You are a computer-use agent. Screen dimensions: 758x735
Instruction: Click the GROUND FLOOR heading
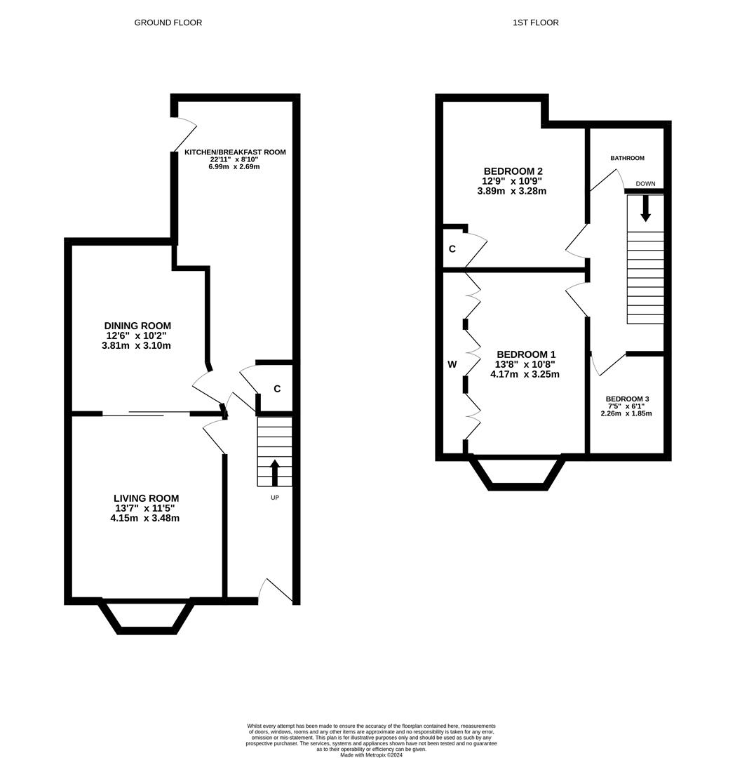pos(168,22)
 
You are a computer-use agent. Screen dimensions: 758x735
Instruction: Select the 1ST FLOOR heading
pos(536,22)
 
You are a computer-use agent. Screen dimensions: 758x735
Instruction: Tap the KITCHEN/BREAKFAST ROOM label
pos(234,152)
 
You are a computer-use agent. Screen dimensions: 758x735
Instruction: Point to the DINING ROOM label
pos(137,326)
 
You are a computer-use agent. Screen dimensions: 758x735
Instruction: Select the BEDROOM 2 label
pos(513,171)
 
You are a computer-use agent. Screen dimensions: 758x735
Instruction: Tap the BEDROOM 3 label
pos(627,399)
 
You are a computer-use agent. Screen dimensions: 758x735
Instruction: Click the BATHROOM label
pos(627,159)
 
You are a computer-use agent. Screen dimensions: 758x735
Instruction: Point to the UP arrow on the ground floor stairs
pos(274,473)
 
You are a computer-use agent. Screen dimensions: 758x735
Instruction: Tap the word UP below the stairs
pos(275,498)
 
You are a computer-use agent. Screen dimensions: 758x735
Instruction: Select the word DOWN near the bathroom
pos(645,184)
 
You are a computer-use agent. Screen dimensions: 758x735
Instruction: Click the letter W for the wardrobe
pos(452,364)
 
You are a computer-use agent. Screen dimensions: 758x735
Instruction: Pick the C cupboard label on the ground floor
pos(277,389)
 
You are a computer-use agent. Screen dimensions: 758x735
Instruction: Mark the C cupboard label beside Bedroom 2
pos(452,249)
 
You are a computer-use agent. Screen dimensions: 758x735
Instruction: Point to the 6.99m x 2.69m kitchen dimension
pos(234,167)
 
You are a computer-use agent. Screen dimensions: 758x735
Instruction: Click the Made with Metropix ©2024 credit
pos(372,754)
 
